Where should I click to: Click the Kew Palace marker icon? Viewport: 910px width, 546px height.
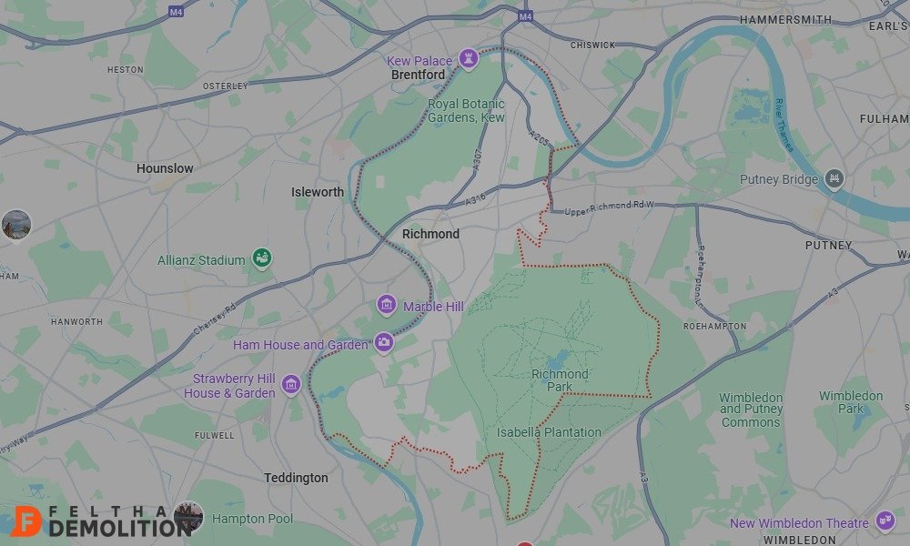[x=470, y=58]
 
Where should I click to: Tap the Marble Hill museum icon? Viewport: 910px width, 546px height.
[x=387, y=305]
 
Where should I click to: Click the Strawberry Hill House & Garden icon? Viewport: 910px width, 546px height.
[x=291, y=385]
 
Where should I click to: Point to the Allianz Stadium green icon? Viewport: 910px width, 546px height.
[x=262, y=258]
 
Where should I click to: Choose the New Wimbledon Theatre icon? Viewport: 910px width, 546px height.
[x=885, y=521]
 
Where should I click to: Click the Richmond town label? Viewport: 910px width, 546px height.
[x=431, y=234]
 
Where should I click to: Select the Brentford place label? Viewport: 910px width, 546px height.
[x=418, y=75]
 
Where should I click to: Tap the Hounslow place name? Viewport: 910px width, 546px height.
[x=165, y=168]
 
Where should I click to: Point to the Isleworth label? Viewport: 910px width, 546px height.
[x=318, y=192]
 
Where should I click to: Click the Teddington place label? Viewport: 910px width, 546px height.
[x=296, y=478]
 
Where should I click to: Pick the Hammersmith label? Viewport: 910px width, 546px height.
[x=785, y=19]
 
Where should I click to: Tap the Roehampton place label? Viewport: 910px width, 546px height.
[x=714, y=326]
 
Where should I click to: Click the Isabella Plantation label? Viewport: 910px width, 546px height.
[x=549, y=432]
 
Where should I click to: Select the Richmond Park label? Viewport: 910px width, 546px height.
[x=561, y=380]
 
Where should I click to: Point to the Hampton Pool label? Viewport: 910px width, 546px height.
[x=252, y=519]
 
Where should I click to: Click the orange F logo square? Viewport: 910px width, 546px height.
[x=30, y=521]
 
